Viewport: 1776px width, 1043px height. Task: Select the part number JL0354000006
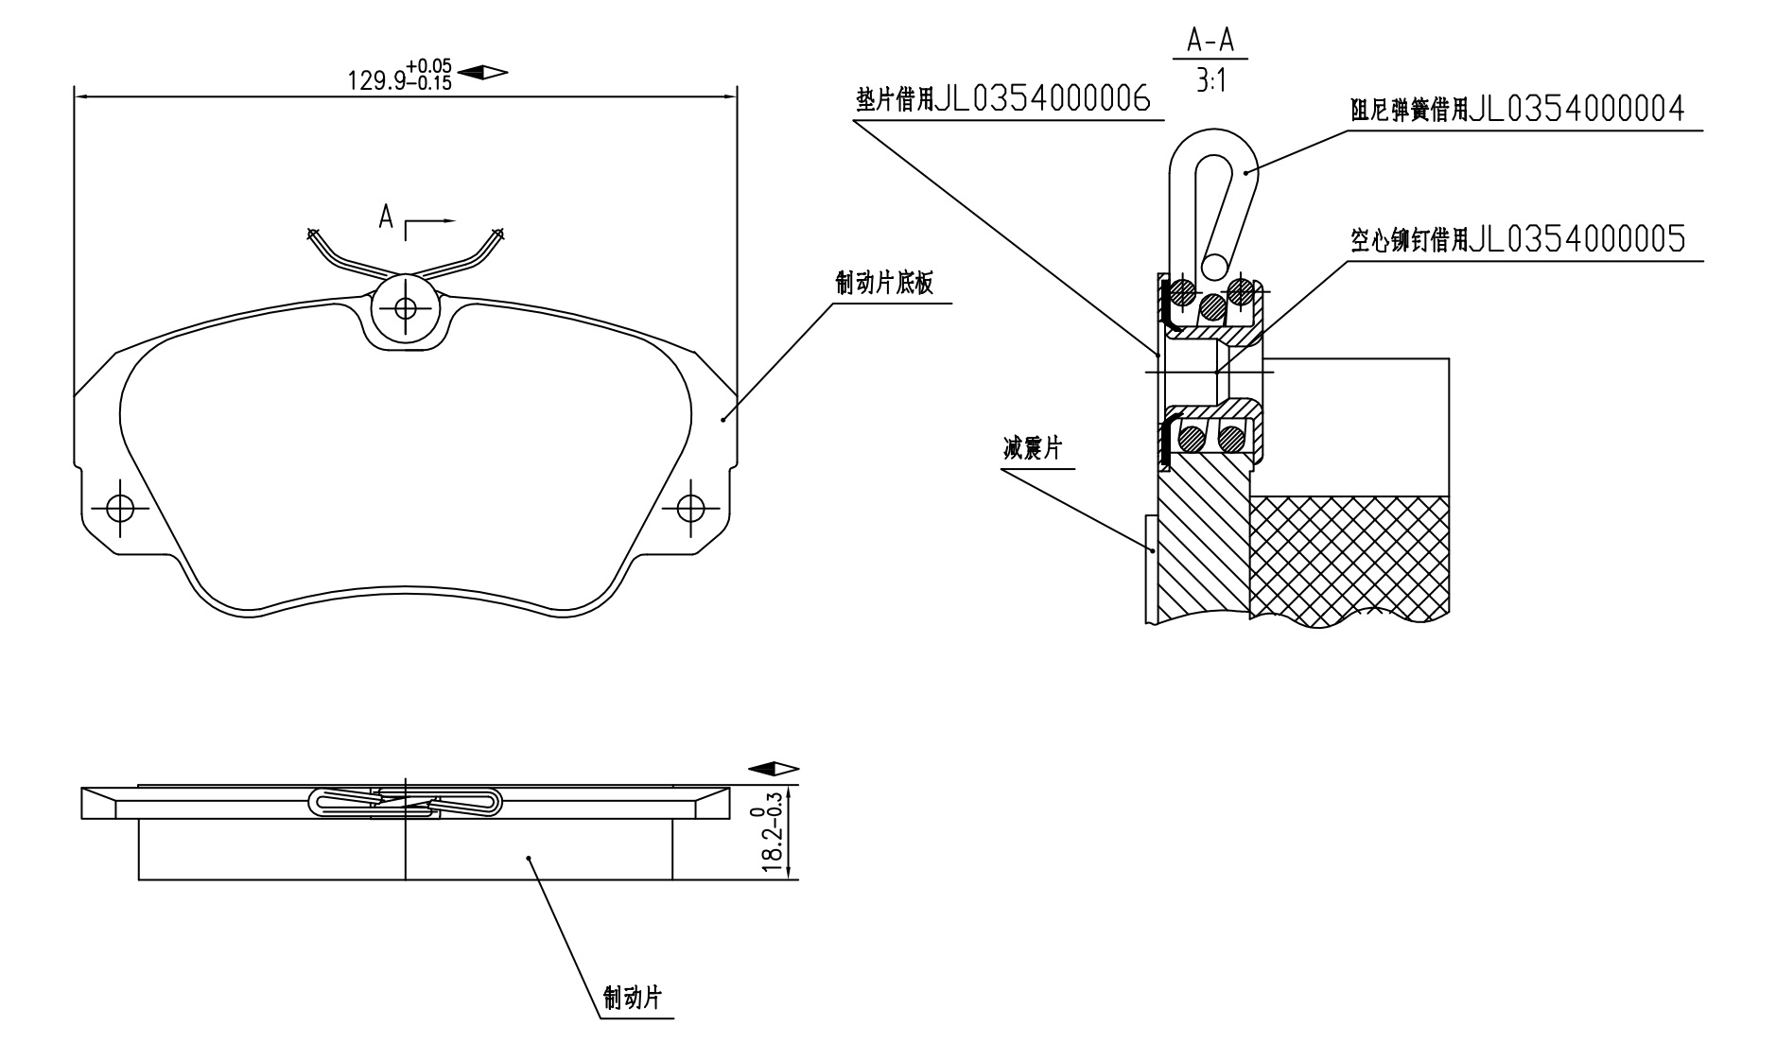[x=1044, y=99]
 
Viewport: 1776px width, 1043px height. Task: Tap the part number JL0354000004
[x=1577, y=111]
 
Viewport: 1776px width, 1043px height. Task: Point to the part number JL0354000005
[x=1577, y=240]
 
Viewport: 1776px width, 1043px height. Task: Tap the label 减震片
[x=1033, y=447]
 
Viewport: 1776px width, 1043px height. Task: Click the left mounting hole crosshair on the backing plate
[x=120, y=508]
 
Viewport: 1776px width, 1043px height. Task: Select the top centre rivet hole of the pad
[x=406, y=307]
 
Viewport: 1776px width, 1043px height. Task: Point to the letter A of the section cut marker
[x=386, y=217]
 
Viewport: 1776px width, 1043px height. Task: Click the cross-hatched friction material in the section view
[x=1349, y=559]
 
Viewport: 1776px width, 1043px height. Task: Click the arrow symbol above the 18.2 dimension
[x=774, y=769]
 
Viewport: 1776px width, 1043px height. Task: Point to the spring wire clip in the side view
[x=405, y=802]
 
